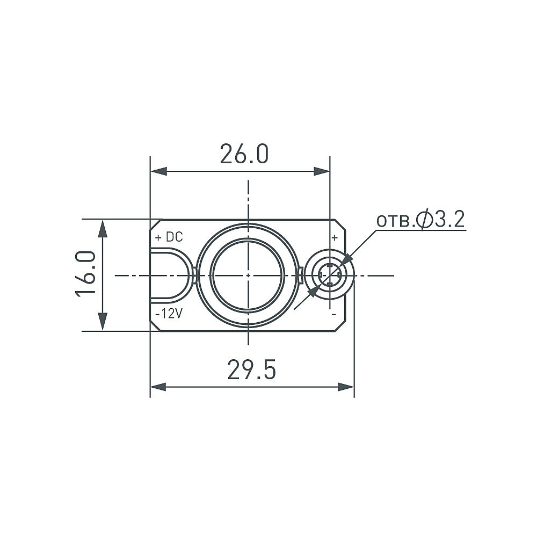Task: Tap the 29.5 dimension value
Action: pyautogui.click(x=251, y=370)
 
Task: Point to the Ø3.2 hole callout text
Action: pyautogui.click(x=420, y=220)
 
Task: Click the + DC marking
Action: pyautogui.click(x=169, y=237)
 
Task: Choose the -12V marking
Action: pyautogui.click(x=169, y=314)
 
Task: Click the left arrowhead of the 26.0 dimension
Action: pyautogui.click(x=158, y=171)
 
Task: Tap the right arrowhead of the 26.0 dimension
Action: pyautogui.click(x=322, y=171)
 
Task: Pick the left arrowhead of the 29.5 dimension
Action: pyautogui.click(x=158, y=387)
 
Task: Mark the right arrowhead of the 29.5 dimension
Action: pyautogui.click(x=346, y=387)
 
